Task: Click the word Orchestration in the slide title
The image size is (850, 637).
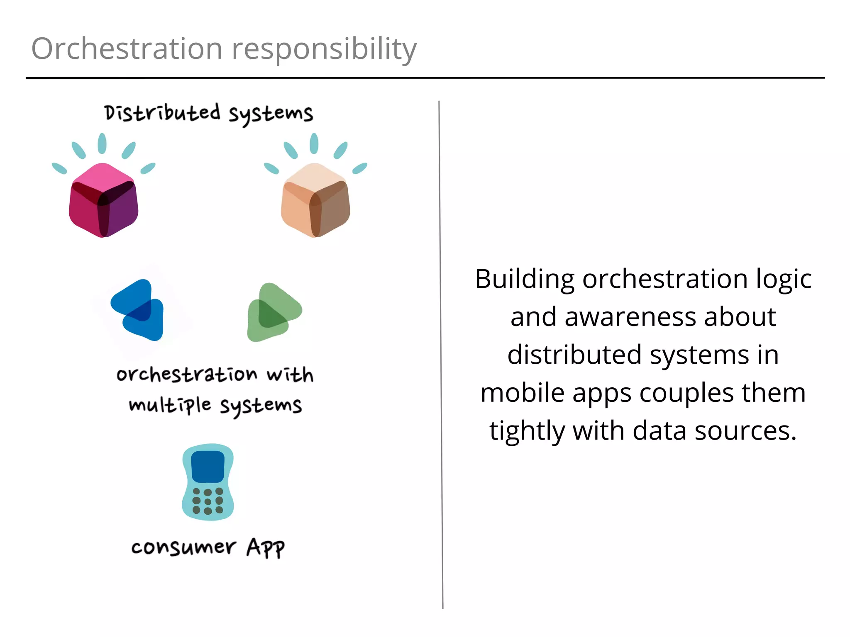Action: [x=127, y=49]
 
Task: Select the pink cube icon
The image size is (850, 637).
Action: [x=103, y=200]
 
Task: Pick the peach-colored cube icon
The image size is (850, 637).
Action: [x=315, y=200]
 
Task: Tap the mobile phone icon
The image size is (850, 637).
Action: [x=208, y=482]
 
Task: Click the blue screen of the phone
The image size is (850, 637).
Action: [x=208, y=467]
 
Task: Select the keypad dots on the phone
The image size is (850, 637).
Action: [x=208, y=501]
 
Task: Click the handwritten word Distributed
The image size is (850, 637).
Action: [x=162, y=113]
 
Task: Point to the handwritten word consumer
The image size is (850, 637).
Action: [x=183, y=547]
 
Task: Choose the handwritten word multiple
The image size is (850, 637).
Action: [x=170, y=405]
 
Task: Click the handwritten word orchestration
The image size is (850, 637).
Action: [x=187, y=374]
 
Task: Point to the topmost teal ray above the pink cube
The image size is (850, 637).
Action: [x=102, y=143]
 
